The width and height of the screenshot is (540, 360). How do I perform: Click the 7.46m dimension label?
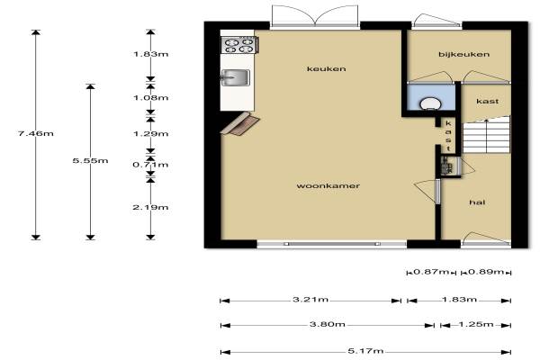click(36, 133)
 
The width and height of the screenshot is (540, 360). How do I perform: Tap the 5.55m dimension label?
click(90, 160)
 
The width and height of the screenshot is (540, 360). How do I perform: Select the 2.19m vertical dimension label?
click(150, 207)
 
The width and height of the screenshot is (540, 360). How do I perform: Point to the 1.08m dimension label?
click(151, 98)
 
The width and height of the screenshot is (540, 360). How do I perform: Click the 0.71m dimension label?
click(150, 165)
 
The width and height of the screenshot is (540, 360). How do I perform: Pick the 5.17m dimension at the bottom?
click(365, 351)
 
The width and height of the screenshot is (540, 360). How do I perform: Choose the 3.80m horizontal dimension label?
click(328, 324)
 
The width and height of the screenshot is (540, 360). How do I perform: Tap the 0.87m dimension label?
click(431, 272)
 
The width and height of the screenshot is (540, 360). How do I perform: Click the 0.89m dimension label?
click(486, 272)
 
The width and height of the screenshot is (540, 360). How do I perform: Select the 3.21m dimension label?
click(310, 300)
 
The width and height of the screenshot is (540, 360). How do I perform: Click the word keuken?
click(326, 69)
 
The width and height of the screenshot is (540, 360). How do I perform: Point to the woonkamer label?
click(328, 186)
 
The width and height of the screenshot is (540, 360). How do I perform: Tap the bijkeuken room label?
click(463, 54)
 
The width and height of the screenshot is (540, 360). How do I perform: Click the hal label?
click(477, 202)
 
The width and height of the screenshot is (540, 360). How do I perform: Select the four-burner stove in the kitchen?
click(239, 45)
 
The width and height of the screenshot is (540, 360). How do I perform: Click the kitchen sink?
click(235, 77)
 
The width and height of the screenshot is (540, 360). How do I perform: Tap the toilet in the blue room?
click(430, 103)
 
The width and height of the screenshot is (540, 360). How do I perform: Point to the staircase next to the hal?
click(486, 135)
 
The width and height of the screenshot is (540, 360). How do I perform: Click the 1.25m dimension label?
click(476, 324)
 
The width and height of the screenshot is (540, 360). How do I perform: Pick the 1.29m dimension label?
click(151, 134)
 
